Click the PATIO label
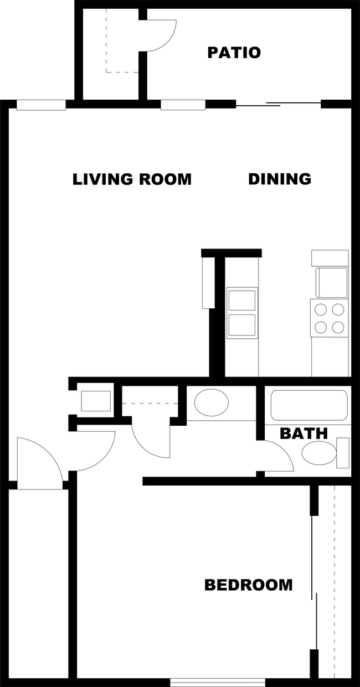(234, 53)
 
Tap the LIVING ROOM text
(132, 179)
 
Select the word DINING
(280, 179)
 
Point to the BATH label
(304, 433)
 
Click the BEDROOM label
(248, 585)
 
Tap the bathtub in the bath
(309, 405)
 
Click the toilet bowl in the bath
(319, 453)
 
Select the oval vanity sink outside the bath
(212, 402)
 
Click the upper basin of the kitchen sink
(242, 301)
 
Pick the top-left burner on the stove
(321, 309)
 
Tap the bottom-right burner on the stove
(338, 327)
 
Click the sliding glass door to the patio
(278, 104)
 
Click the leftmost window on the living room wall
(41, 105)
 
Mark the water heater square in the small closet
(95, 401)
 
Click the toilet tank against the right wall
(343, 453)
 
